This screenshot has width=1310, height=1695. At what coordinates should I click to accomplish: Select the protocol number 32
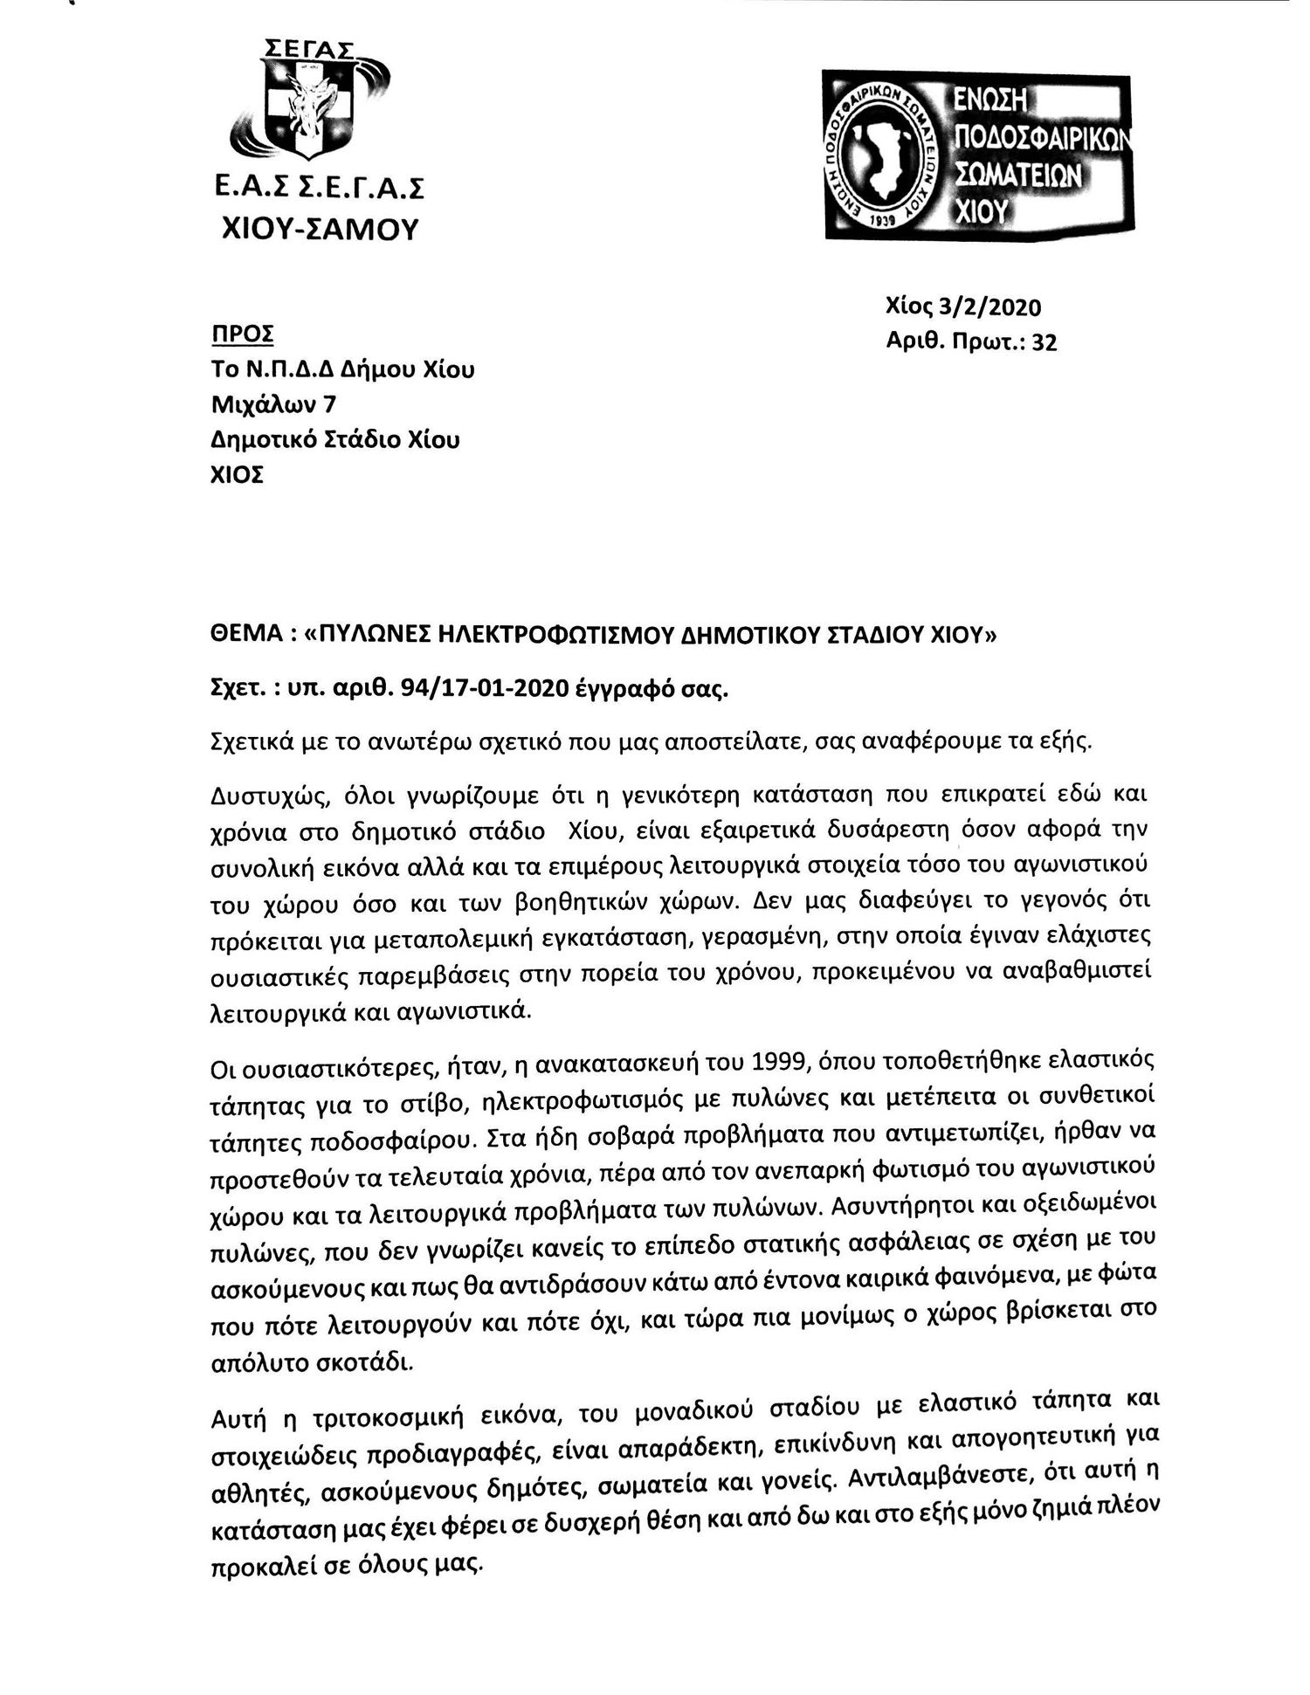pos(1045,342)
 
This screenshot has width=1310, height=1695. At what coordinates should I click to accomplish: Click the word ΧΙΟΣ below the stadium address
pos(238,475)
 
